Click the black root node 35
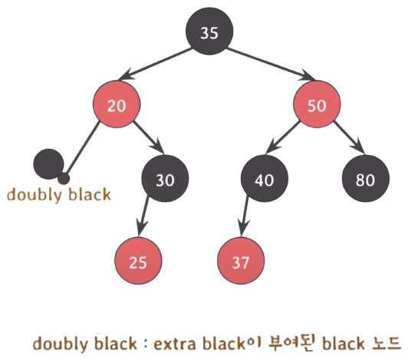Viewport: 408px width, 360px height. coord(209,31)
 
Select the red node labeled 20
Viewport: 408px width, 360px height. coord(117,104)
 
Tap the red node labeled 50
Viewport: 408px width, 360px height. coord(318,104)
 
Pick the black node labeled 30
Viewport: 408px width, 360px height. coord(165,178)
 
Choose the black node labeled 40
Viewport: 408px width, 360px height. coord(265,178)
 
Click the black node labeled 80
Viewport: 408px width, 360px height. coord(366,178)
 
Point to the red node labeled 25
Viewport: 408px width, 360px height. coord(138,261)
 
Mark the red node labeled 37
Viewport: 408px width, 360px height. coord(241,261)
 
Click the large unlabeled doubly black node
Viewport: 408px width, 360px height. coord(48,163)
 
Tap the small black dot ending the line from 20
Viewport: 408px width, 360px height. coord(64,178)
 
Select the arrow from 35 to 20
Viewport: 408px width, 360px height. coord(155,64)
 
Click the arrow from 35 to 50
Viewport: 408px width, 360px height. coord(271,64)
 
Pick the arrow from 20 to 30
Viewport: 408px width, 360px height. coord(149,137)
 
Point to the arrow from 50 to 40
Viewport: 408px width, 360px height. coord(283,137)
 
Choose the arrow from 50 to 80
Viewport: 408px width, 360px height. coord(349,137)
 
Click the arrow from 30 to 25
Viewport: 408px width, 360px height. coord(143,216)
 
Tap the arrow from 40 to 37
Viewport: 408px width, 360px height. coord(244,216)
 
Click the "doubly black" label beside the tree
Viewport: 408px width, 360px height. coord(59,195)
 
